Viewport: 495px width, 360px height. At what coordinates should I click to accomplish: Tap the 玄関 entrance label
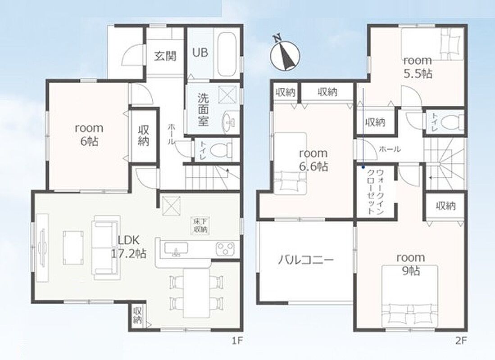(x=165, y=57)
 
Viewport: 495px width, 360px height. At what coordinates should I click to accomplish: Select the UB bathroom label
(x=200, y=52)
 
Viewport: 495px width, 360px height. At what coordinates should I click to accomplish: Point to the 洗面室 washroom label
(x=203, y=109)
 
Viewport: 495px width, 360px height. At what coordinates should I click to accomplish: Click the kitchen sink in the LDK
(x=176, y=248)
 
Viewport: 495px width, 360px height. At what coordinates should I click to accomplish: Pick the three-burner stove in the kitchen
(x=225, y=248)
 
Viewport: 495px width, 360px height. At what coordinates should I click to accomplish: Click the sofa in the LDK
(x=106, y=247)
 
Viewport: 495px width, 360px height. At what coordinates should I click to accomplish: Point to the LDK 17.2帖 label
(x=129, y=247)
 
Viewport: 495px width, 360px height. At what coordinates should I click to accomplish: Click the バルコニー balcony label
(x=306, y=260)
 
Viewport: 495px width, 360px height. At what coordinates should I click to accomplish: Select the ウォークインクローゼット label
(x=376, y=191)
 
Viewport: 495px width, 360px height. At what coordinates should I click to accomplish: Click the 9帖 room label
(x=411, y=264)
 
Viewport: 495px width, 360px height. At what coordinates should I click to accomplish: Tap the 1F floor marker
(x=237, y=341)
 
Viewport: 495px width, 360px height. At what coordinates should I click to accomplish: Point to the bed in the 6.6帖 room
(x=291, y=163)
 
